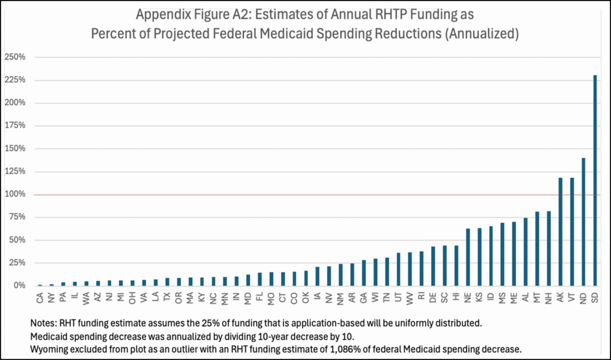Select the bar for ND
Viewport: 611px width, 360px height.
583,221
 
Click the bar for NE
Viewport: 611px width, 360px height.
468,257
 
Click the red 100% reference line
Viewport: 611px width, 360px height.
298,195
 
